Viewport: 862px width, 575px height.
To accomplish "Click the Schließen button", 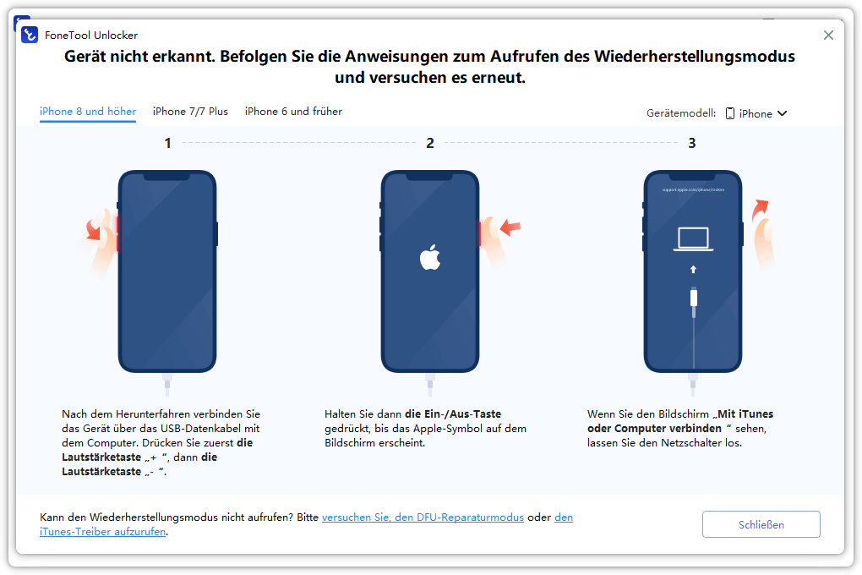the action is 761,524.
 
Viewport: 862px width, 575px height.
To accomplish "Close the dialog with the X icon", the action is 828,36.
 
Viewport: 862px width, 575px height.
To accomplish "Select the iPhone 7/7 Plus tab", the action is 190,111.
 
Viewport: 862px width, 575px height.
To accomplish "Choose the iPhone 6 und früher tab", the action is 293,111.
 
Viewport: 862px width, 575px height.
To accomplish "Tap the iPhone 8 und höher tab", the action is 88,111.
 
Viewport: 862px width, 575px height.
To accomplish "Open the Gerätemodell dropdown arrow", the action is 783,113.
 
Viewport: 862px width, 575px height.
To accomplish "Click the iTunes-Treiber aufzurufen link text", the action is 103,532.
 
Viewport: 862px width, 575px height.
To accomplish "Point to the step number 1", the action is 167,143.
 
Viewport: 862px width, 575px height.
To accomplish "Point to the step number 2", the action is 430,143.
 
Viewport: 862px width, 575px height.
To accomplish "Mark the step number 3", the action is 692,143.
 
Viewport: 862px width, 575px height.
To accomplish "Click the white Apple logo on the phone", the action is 430,257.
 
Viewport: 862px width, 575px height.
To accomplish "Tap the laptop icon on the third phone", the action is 693,239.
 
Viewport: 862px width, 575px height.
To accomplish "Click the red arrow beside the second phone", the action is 510,227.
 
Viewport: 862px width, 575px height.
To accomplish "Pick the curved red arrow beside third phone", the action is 760,209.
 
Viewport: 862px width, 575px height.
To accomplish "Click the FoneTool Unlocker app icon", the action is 29,35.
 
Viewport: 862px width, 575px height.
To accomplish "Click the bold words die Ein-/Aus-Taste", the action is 453,413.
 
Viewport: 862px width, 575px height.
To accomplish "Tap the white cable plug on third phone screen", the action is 694,298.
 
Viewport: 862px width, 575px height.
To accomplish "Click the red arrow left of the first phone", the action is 94,229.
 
